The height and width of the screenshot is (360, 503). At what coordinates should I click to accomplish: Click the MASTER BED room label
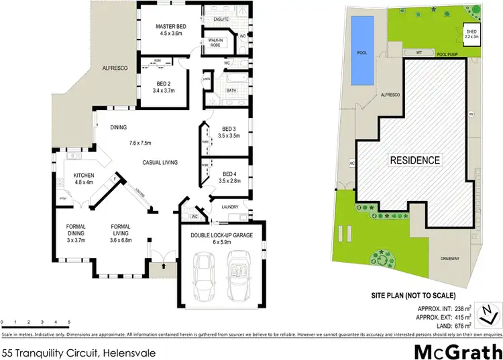coord(171,27)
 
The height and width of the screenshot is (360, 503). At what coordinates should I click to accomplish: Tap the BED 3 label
coord(229,129)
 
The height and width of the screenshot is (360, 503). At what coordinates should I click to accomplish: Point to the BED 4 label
coord(229,173)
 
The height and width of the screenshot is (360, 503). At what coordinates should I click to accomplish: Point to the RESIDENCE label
coord(416,161)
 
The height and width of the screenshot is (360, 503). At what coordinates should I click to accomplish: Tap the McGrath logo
coord(457,351)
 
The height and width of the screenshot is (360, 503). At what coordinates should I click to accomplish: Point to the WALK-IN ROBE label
coord(215,42)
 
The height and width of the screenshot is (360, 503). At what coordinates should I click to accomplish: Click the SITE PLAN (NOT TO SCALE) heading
coord(414,296)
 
